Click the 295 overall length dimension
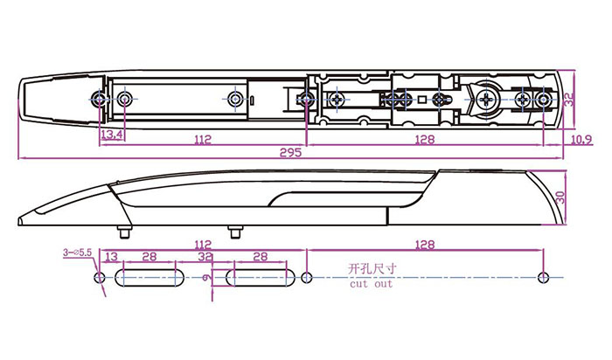(x=291, y=152)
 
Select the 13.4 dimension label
(x=112, y=135)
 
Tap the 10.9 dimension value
(x=581, y=139)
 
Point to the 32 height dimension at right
(x=570, y=99)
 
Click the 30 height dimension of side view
(x=560, y=197)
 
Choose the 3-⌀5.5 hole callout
(x=77, y=253)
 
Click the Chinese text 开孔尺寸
(x=372, y=269)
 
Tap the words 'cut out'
(x=371, y=284)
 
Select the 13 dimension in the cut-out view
(x=112, y=256)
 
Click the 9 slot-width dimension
(x=207, y=278)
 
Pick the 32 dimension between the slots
(x=205, y=257)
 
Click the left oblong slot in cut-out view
(x=150, y=278)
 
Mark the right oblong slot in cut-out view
(x=261, y=278)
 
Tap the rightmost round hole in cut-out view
(x=543, y=278)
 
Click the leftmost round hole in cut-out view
(x=100, y=278)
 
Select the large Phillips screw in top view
(x=487, y=100)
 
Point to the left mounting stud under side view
(x=124, y=232)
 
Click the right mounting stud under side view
(x=235, y=232)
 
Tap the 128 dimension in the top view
(x=425, y=139)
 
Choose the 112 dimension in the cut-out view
(x=203, y=245)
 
